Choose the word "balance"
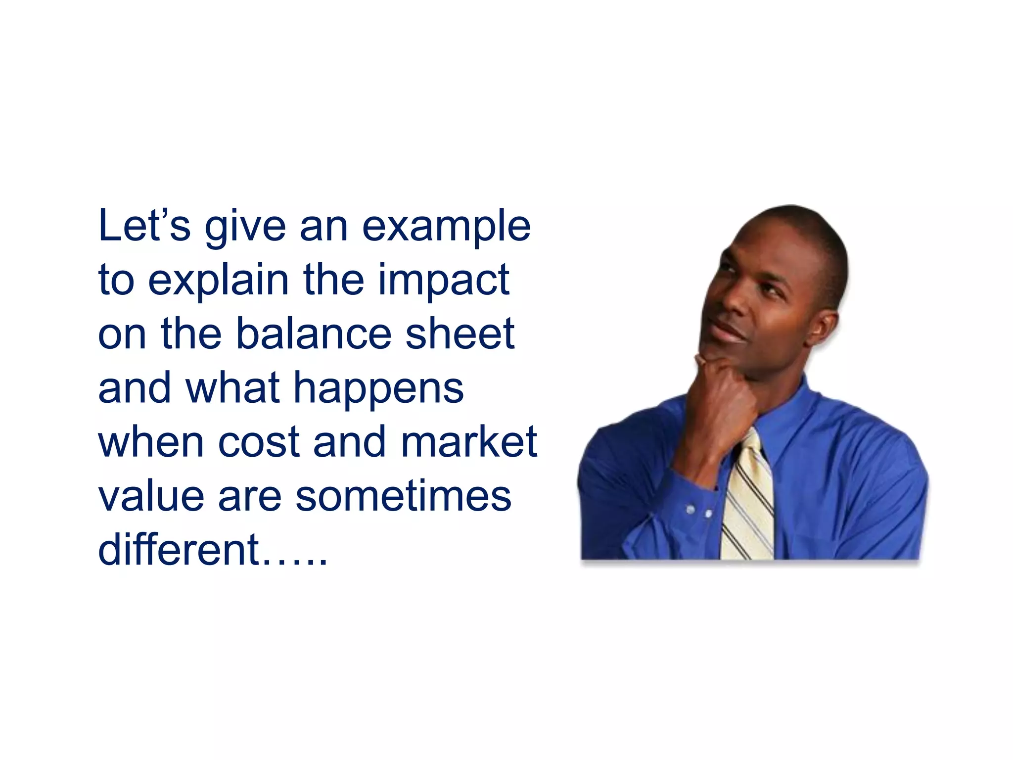click(314, 333)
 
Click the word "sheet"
click(460, 333)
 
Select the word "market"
click(468, 441)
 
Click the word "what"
click(232, 387)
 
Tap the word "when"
click(151, 441)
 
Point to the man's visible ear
click(821, 327)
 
